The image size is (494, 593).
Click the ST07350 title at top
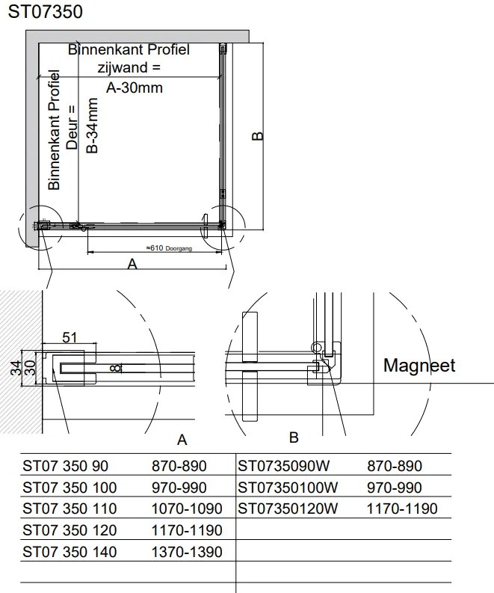click(46, 12)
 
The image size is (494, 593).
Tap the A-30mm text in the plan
click(134, 87)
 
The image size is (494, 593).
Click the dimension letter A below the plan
click(133, 264)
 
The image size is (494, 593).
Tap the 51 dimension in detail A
click(70, 338)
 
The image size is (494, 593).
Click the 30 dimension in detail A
click(30, 369)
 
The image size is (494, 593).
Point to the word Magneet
click(419, 366)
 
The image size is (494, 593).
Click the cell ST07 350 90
click(66, 467)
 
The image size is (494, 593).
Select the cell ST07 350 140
click(70, 553)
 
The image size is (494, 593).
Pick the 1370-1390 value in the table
click(187, 553)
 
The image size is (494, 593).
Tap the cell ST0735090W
click(283, 467)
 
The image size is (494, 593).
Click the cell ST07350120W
click(288, 509)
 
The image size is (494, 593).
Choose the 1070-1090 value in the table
click(187, 509)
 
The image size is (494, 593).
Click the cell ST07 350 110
click(70, 509)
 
